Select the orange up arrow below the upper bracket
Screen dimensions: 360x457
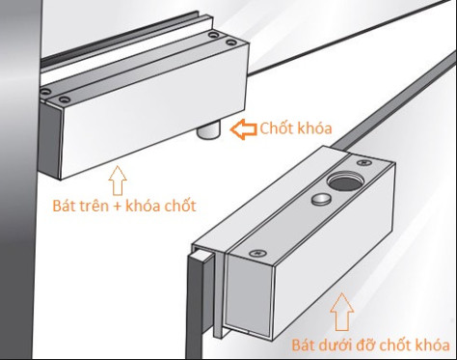pos(118,180)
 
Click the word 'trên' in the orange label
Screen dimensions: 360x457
pos(105,206)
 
